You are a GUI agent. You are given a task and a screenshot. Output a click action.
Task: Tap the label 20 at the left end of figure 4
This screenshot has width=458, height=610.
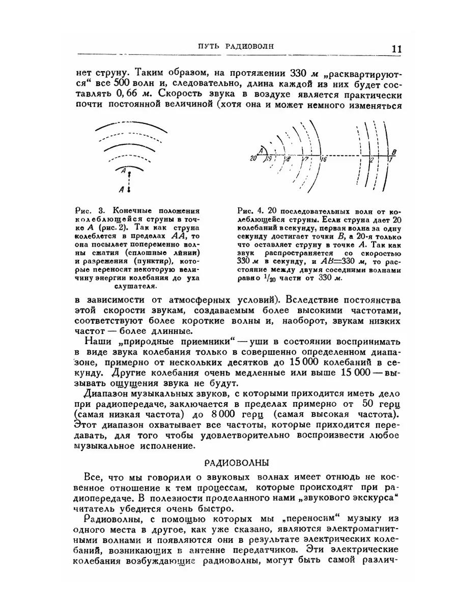click(x=253, y=159)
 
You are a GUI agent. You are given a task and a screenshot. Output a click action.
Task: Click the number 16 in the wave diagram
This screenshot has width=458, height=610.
click(x=324, y=159)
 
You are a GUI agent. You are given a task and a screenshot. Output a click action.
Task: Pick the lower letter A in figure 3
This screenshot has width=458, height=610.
click(x=121, y=190)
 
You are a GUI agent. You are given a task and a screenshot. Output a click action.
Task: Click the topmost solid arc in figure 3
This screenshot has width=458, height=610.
click(x=131, y=127)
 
